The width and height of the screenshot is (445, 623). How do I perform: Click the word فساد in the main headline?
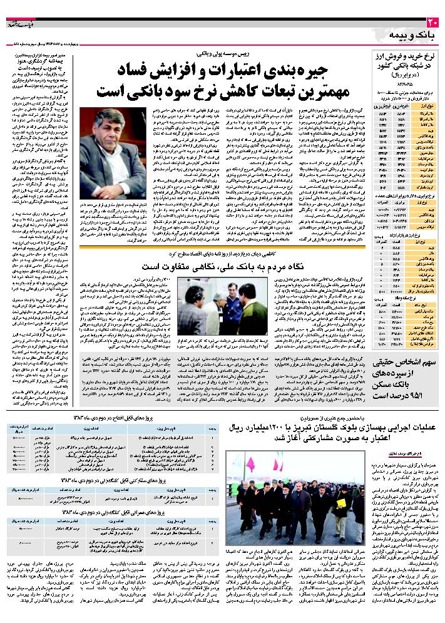pos(151,68)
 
